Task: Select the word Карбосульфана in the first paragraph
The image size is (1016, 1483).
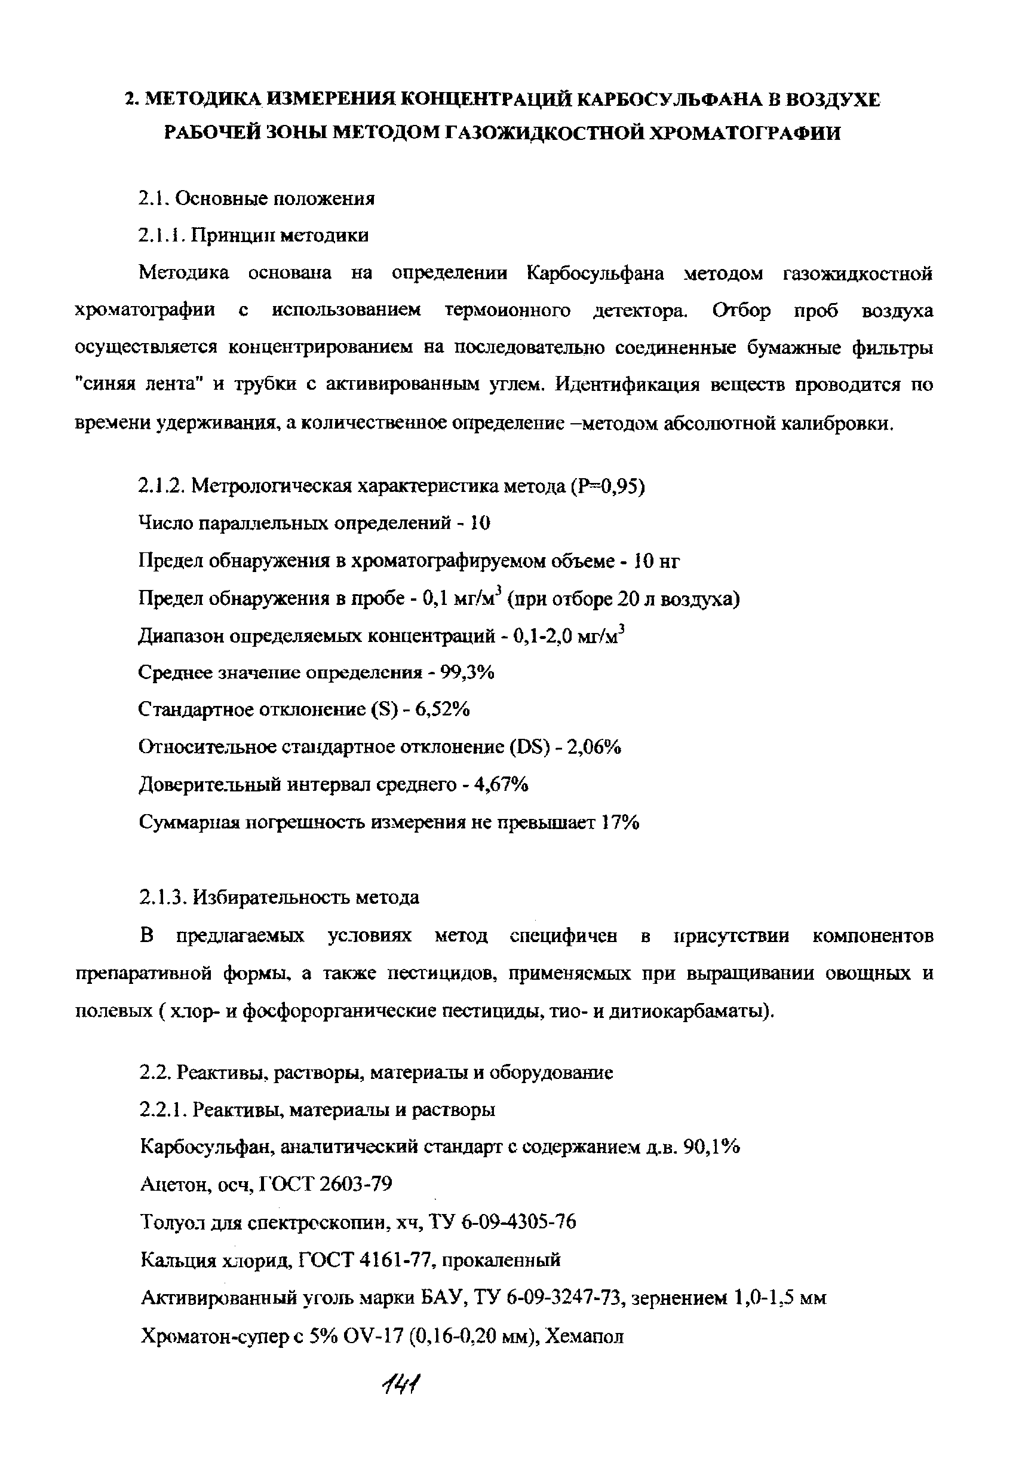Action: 595,273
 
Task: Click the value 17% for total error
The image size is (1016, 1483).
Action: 620,822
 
